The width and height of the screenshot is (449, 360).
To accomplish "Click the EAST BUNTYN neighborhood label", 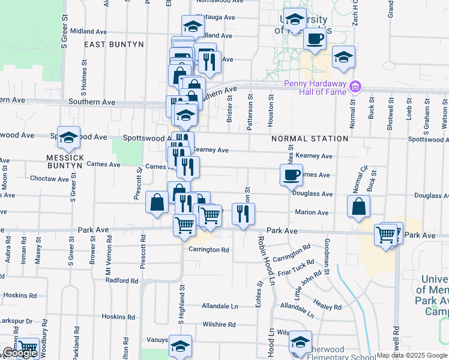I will click(x=114, y=44).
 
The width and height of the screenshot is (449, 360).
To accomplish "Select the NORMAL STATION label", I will click(x=310, y=139).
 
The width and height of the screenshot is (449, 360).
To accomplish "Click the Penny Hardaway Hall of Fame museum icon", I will click(x=355, y=88).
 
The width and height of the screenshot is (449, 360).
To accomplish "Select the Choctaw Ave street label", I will click(x=50, y=179).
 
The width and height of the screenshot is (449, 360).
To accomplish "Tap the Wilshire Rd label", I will click(x=218, y=325).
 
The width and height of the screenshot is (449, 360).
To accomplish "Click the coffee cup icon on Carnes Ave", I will click(x=291, y=175).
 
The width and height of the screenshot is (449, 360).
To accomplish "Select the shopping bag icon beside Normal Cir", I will click(x=358, y=206).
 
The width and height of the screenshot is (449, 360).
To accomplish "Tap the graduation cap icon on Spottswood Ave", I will click(x=68, y=137).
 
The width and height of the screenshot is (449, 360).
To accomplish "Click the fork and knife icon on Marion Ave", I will click(x=243, y=214).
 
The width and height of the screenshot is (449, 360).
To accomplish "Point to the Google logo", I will click(x=19, y=353).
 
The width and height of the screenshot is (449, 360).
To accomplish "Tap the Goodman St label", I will click(x=327, y=256).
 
